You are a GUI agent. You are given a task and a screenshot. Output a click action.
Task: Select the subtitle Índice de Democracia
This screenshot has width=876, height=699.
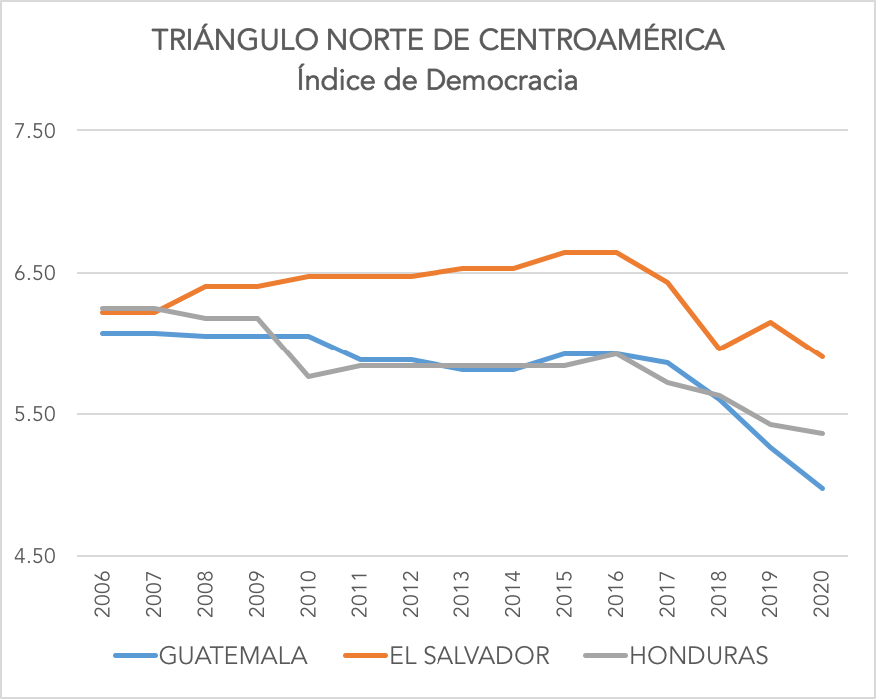click(x=438, y=79)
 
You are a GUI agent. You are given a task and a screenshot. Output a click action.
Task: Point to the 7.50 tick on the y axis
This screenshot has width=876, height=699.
click(x=34, y=131)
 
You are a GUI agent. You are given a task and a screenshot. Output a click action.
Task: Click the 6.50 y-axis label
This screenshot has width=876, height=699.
click(x=34, y=273)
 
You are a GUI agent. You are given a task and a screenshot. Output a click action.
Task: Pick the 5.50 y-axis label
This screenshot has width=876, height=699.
click(x=34, y=414)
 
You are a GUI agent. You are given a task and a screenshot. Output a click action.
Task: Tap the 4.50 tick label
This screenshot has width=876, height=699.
click(x=34, y=556)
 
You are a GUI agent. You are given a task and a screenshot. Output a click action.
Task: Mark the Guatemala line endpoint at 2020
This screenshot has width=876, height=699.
click(x=822, y=488)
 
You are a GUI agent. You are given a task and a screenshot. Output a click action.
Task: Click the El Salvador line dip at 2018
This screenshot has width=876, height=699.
click(x=719, y=349)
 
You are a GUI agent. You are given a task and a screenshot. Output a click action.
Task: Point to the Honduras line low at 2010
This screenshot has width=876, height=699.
click(x=308, y=376)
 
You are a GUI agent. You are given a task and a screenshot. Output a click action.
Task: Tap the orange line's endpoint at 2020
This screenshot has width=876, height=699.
click(x=822, y=356)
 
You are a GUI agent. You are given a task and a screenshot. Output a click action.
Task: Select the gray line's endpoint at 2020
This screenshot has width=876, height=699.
click(x=822, y=433)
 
